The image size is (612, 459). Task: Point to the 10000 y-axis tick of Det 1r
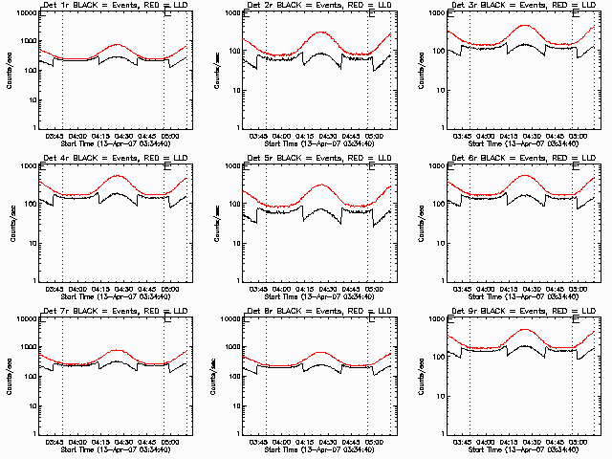click(x=28, y=14)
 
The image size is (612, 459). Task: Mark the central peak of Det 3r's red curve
click(x=523, y=26)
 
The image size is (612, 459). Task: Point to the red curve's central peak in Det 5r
click(x=320, y=185)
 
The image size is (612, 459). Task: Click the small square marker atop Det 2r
click(x=370, y=13)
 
